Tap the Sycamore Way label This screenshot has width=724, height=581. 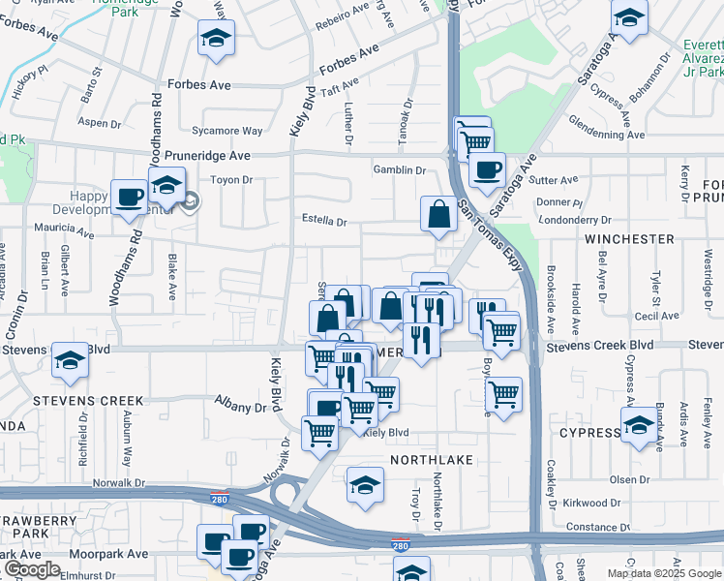(x=226, y=131)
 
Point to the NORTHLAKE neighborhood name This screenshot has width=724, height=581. (x=432, y=460)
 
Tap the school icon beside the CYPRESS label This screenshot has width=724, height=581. (x=638, y=425)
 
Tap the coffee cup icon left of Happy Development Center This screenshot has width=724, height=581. (x=130, y=199)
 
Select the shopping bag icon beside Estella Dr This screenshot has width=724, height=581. (x=439, y=214)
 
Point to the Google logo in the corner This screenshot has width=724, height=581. (x=32, y=569)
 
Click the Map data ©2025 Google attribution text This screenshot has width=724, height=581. (x=664, y=573)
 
